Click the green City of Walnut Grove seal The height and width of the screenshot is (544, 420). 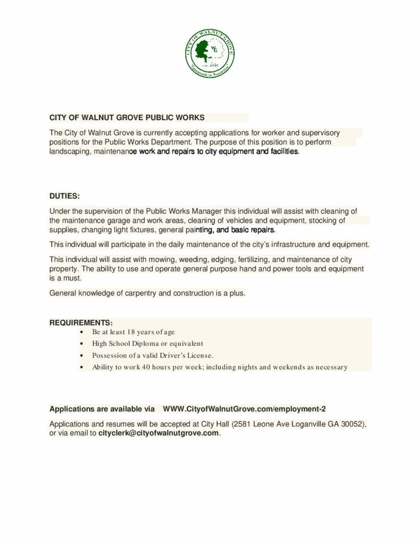(x=210, y=52)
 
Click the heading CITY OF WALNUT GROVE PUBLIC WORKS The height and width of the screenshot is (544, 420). (x=127, y=117)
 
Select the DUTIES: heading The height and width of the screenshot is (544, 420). (x=64, y=196)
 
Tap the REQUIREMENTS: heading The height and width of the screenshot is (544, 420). (x=81, y=322)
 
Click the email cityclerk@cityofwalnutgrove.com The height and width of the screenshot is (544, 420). (x=159, y=433)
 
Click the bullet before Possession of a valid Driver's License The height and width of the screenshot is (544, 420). (x=80, y=355)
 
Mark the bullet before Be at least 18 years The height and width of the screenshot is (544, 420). (x=80, y=332)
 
